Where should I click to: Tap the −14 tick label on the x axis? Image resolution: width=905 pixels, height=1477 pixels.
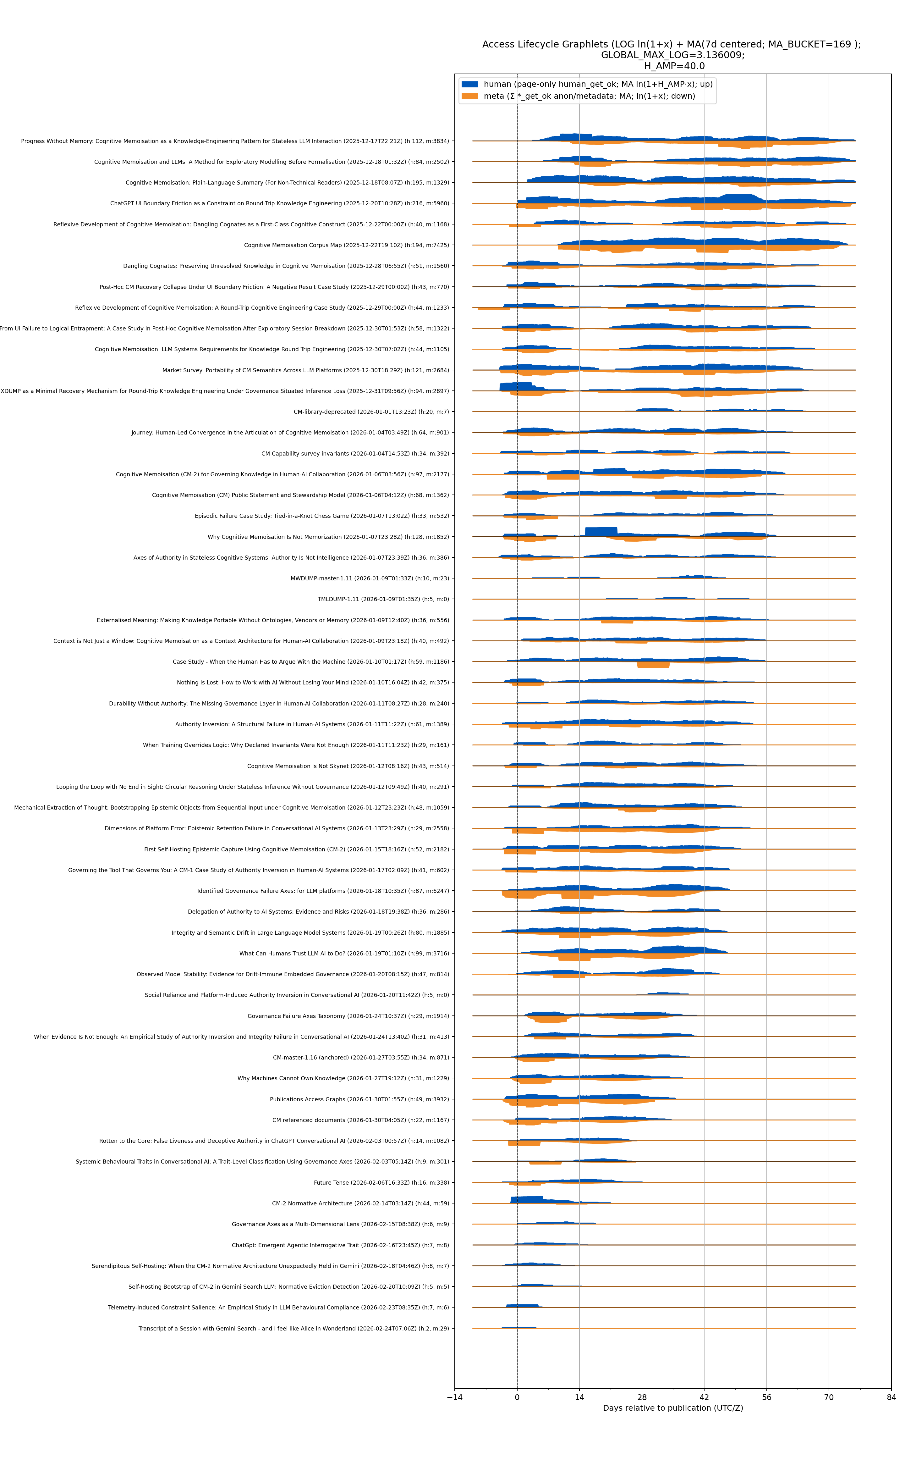pos(454,1397)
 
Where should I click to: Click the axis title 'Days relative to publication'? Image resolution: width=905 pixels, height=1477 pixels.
pos(672,1408)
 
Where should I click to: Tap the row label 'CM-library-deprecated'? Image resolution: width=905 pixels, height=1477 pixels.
pos(371,412)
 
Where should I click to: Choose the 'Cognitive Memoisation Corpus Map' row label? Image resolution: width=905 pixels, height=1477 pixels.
pos(346,245)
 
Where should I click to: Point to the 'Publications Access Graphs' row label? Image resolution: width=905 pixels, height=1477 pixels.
pos(359,1099)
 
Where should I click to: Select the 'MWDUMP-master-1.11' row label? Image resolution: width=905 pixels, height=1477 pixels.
pos(369,578)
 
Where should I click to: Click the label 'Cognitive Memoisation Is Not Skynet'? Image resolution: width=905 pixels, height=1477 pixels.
pos(348,766)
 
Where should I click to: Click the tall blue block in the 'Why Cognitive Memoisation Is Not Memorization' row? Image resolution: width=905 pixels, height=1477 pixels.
pos(601,532)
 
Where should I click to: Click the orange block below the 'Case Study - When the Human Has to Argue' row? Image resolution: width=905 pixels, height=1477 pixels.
pos(653,665)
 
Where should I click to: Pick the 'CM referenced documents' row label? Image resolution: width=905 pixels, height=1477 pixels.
pos(360,1120)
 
